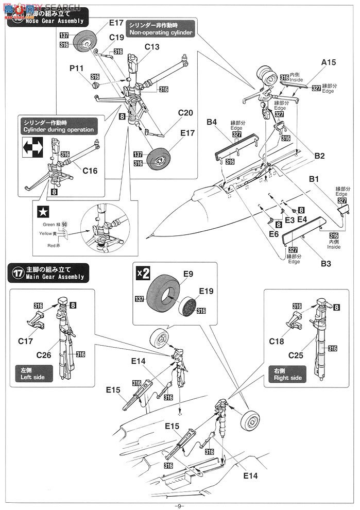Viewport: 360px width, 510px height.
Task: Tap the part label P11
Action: pos(77,68)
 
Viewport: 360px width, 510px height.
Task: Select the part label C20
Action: pos(185,113)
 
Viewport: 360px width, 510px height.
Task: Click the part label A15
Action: pos(329,62)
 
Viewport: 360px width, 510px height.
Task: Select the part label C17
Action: pos(25,341)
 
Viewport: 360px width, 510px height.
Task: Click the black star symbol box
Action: pos(41,211)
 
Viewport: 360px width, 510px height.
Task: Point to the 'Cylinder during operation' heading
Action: pos(58,126)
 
